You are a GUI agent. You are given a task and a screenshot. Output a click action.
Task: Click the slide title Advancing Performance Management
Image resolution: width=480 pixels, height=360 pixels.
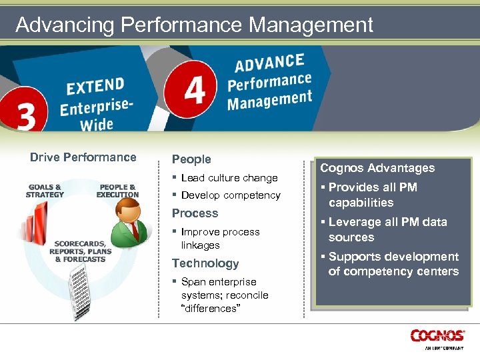click(194, 25)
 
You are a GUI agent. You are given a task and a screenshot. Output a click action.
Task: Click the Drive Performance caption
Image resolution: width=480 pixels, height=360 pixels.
click(83, 157)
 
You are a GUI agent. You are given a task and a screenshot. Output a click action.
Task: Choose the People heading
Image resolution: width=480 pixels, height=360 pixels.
click(191, 159)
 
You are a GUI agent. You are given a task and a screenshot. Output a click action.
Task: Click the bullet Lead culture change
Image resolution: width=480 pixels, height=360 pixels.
click(229, 178)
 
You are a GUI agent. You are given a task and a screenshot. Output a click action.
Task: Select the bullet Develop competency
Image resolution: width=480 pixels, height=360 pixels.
click(230, 195)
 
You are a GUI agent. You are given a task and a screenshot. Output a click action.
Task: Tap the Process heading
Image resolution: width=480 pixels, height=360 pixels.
click(195, 213)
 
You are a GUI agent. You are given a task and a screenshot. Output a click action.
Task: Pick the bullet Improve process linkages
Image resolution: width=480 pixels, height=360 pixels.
click(219, 238)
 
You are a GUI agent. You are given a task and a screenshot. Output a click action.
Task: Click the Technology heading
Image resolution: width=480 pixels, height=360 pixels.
click(205, 263)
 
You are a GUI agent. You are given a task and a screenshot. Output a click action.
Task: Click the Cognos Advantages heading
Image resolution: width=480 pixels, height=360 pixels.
click(377, 168)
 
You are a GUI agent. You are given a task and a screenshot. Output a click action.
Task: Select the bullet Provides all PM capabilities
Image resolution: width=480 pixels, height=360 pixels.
click(372, 195)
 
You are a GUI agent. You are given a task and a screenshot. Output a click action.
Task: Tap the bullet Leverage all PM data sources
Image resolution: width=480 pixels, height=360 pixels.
click(387, 229)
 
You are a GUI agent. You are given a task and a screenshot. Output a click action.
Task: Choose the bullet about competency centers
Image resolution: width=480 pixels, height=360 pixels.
click(393, 264)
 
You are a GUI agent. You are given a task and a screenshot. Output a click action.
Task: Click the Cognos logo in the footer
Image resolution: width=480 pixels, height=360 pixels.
click(437, 336)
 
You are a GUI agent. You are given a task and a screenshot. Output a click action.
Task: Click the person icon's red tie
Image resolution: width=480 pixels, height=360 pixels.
click(134, 230)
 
